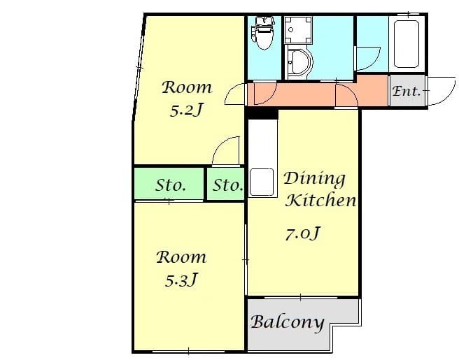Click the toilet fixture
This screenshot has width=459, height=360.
[263, 33]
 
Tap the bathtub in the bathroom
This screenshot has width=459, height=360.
[407, 44]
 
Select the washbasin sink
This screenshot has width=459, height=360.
[299, 63]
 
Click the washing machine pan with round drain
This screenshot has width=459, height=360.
[298, 30]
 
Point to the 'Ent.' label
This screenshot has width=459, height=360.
[407, 91]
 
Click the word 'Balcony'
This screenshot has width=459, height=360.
[288, 322]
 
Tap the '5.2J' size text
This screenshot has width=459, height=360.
[186, 110]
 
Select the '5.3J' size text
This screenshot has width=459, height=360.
[181, 280]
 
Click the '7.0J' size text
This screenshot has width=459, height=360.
[303, 233]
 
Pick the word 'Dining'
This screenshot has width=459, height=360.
[314, 179]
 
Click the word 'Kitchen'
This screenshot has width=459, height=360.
[321, 200]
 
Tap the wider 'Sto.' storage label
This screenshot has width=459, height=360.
[170, 185]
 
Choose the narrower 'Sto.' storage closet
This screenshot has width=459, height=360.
[226, 185]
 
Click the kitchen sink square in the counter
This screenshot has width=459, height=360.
[262, 182]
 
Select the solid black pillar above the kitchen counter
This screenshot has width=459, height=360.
[262, 113]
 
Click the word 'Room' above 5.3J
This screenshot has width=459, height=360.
[181, 257]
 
